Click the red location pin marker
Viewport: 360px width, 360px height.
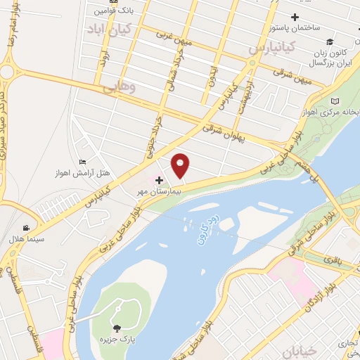(x=181, y=165)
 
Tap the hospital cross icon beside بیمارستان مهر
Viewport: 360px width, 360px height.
(x=160, y=180)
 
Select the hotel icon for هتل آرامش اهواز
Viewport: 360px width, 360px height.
(x=84, y=162)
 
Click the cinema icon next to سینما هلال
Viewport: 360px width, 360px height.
(x=26, y=227)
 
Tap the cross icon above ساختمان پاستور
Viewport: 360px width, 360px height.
(x=294, y=16)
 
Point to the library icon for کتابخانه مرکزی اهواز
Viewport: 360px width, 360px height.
(x=334, y=101)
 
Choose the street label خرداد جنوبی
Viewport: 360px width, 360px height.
(x=152, y=136)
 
